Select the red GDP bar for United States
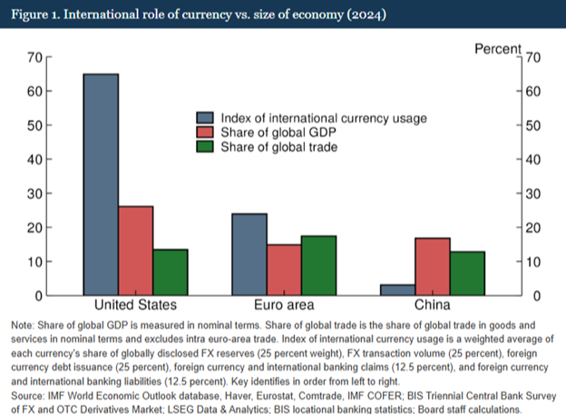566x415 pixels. pos(135,251)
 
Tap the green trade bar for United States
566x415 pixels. pos(170,272)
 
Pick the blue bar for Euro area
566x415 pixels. pos(249,254)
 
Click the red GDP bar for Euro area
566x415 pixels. pos(284,270)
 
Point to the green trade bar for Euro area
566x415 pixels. pos(318,265)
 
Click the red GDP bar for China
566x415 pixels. pos(432,266)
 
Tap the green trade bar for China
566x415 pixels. pos(466,273)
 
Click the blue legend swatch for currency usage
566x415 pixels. pos(205,118)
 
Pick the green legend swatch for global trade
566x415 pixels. pos(205,147)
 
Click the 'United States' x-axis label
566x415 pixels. pos(135,305)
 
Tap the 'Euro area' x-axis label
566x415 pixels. pos(284,305)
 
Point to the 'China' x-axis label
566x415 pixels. pos(432,305)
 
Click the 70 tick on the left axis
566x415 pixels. pos(35,57)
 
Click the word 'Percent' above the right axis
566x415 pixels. pos(498,48)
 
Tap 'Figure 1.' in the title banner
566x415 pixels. pos(36,15)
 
